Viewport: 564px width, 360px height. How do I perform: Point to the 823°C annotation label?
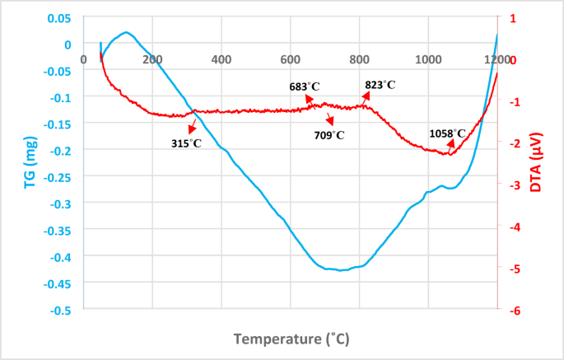[x=380, y=85]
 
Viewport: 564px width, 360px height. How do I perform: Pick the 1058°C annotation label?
[x=447, y=133]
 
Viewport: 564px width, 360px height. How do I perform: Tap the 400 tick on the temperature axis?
[x=221, y=59]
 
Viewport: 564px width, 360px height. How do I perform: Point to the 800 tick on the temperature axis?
[x=358, y=59]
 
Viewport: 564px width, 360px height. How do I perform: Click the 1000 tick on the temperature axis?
[x=427, y=59]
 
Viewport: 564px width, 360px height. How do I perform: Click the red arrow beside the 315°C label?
[x=192, y=125]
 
